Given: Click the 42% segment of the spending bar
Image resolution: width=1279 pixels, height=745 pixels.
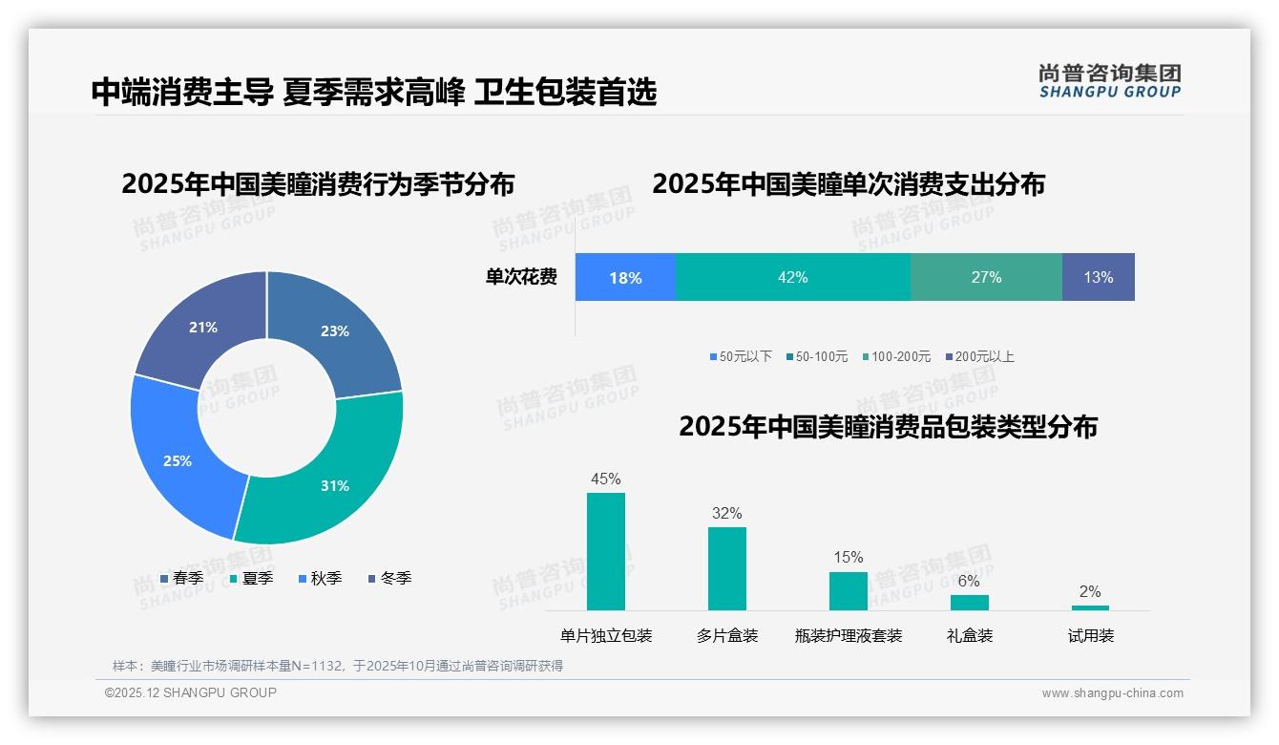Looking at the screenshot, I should tap(792, 277).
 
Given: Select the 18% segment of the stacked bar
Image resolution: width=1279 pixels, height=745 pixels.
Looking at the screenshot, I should tap(625, 277).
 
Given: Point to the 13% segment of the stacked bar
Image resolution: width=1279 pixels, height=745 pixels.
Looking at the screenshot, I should tap(1098, 277).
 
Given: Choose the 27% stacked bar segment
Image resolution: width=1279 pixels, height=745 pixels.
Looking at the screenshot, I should tap(986, 277).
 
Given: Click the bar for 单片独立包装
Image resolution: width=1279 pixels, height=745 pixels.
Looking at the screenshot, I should tap(606, 551).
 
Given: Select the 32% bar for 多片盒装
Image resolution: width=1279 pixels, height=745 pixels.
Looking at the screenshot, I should tap(726, 568).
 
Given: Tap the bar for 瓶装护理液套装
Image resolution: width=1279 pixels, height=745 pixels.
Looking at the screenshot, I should tap(848, 590).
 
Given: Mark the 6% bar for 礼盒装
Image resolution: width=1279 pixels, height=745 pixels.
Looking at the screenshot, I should tap(969, 602).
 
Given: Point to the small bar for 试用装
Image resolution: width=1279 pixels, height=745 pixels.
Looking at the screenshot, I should tap(1090, 607).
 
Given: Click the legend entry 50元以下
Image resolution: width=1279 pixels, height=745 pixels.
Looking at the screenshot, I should tap(741, 356).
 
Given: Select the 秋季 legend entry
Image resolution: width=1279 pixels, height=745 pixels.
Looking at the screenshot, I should tap(321, 578).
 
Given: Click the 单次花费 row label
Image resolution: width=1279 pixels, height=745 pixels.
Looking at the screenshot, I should tap(521, 278).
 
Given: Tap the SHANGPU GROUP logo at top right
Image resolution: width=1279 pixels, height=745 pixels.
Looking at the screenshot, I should tap(1109, 81).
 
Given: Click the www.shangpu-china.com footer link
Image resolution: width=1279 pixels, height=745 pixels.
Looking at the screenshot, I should tap(1112, 693).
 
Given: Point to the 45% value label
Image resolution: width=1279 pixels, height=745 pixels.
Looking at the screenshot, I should tap(606, 479).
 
